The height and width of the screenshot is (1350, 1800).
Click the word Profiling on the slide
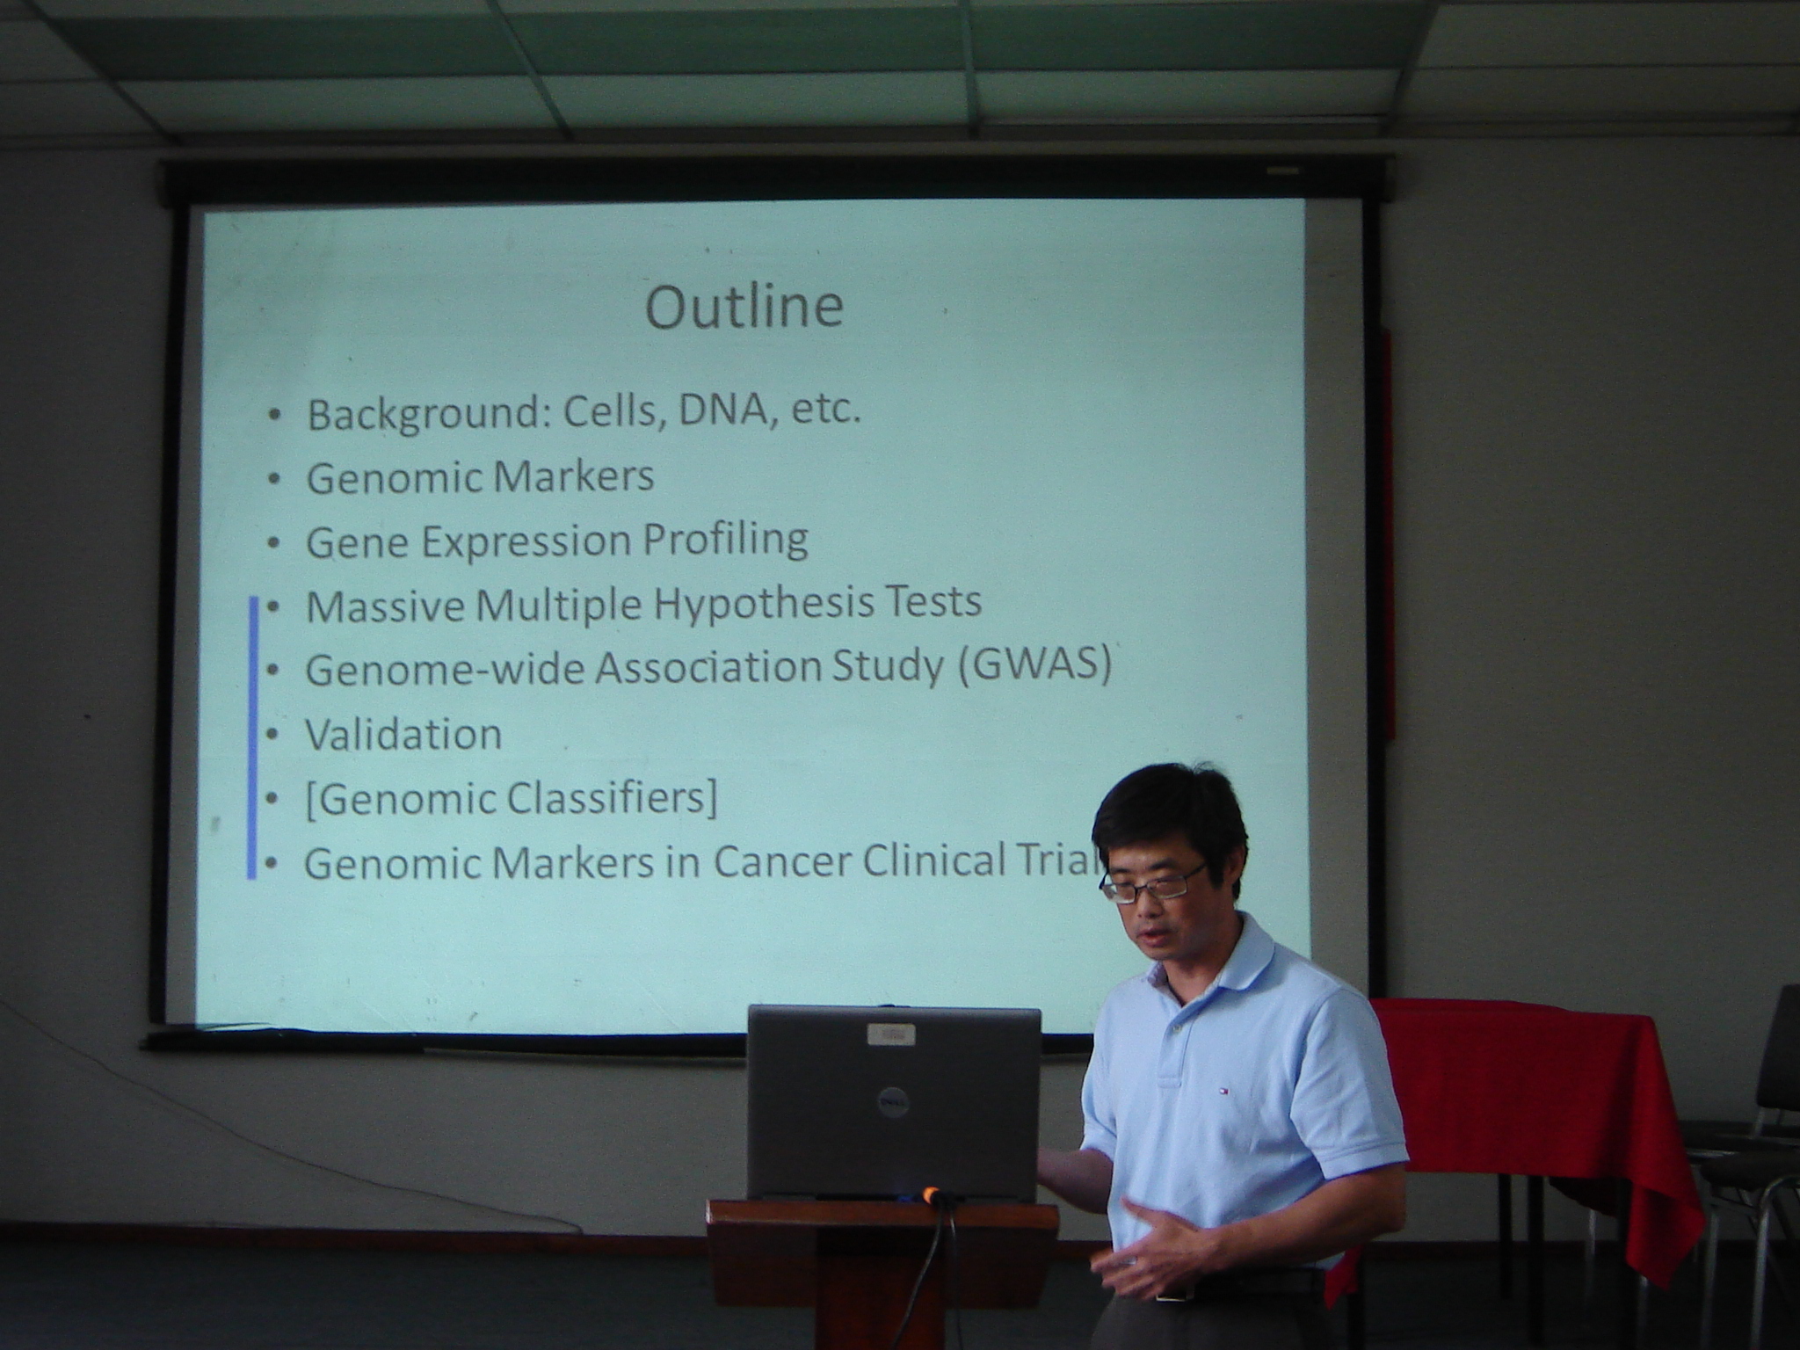tap(725, 540)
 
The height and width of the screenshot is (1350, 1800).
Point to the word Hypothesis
tap(740, 604)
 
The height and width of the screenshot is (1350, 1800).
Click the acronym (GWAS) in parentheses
tap(1034, 665)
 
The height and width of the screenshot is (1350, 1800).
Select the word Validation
tap(403, 734)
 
